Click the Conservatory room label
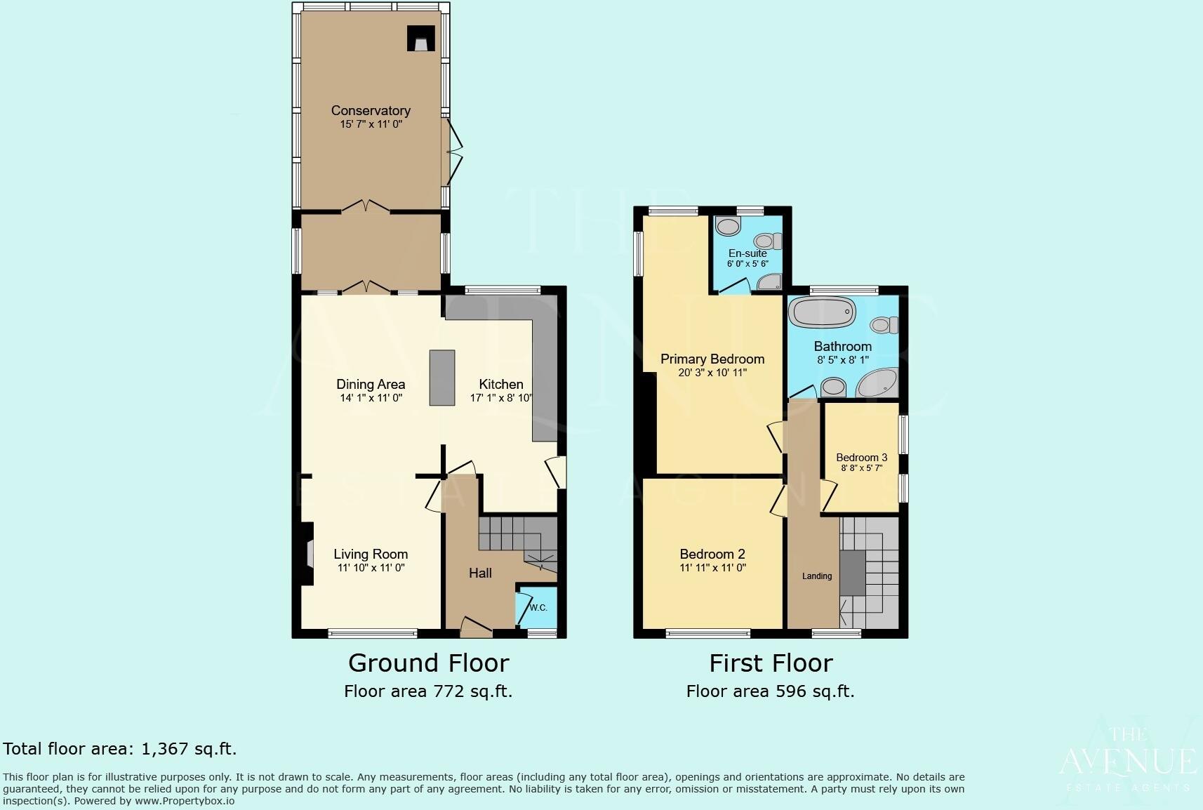pos(371,111)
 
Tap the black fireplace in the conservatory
pos(420,39)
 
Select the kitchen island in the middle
pos(442,377)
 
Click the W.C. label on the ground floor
pos(538,608)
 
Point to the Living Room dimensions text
pos(371,568)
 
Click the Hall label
pos(480,573)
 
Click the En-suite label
pos(747,253)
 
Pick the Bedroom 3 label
pos(861,458)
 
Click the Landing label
pos(817,576)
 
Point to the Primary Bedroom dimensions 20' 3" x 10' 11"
pos(712,373)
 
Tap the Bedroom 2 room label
pos(712,555)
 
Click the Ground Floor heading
pos(428,663)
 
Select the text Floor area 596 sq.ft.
pos(770,691)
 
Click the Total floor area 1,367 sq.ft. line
pos(120,749)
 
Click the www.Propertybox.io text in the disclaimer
pos(185,801)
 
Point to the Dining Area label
pos(371,385)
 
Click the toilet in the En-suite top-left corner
pos(729,227)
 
